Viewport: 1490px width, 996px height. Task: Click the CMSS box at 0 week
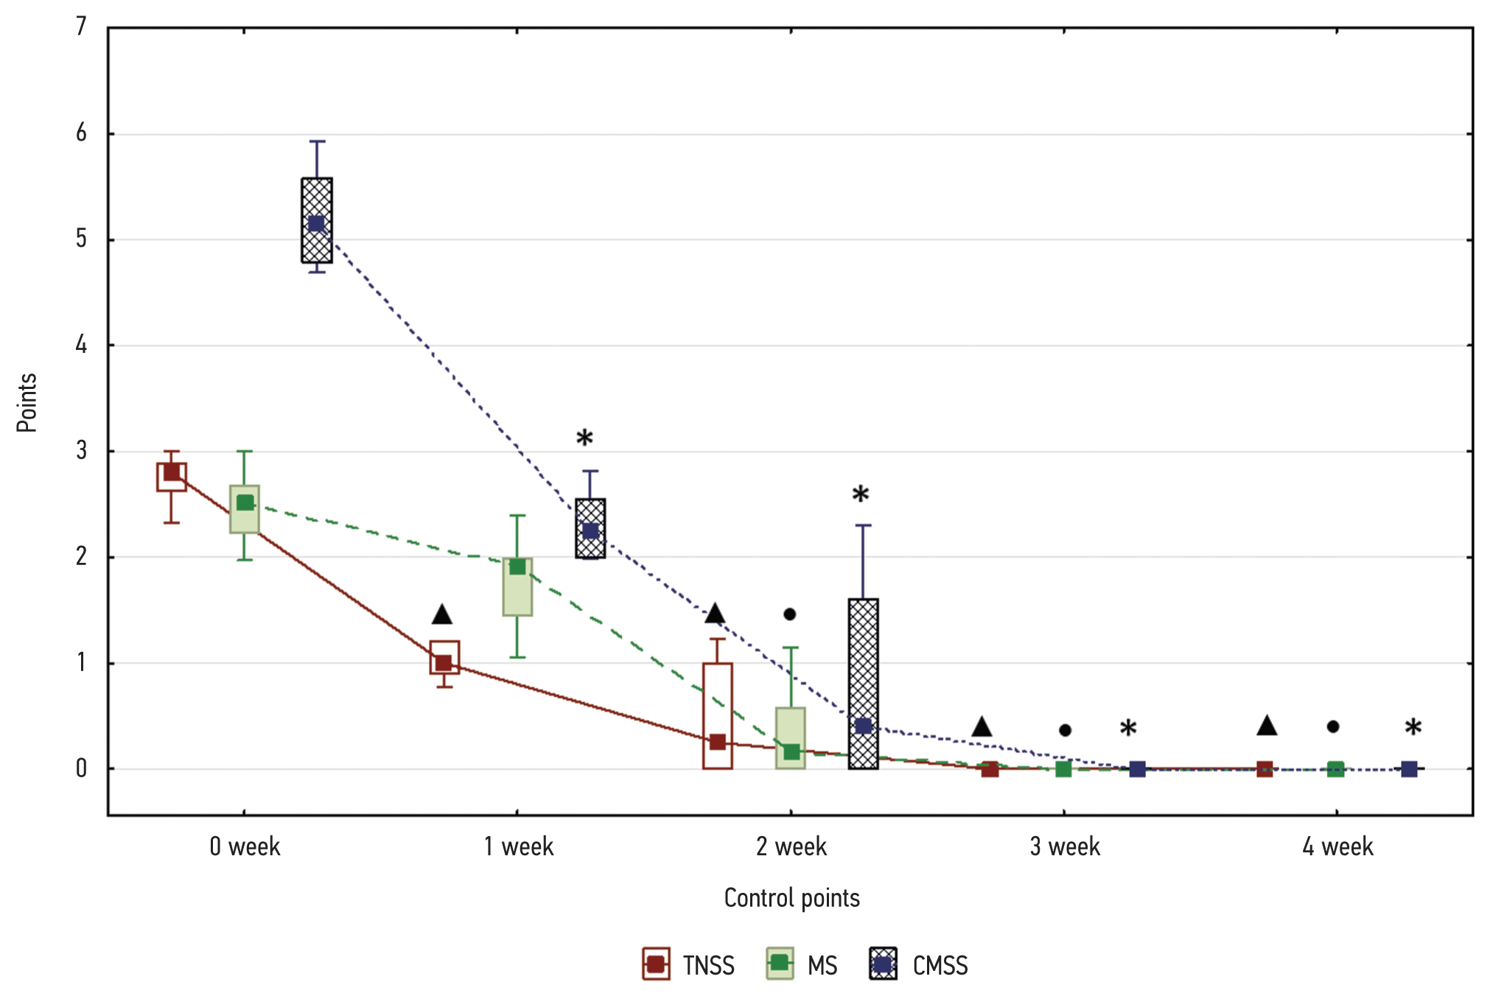pyautogui.click(x=317, y=220)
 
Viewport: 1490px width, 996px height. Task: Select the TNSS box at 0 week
pyautogui.click(x=172, y=477)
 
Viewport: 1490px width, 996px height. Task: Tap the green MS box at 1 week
pyautogui.click(x=517, y=586)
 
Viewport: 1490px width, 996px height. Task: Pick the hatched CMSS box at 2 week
pyautogui.click(x=864, y=683)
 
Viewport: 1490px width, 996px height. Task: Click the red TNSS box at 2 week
pyautogui.click(x=718, y=715)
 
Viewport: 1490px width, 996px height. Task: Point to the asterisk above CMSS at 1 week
pyautogui.click(x=584, y=438)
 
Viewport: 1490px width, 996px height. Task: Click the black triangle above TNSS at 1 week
pyautogui.click(x=442, y=614)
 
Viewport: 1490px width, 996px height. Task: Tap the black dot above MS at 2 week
pyautogui.click(x=790, y=614)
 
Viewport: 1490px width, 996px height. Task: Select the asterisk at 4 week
pyautogui.click(x=1413, y=728)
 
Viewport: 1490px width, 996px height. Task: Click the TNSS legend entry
pyautogui.click(x=689, y=964)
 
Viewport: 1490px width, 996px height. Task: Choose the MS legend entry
pyautogui.click(x=802, y=964)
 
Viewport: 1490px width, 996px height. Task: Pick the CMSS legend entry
pyautogui.click(x=919, y=964)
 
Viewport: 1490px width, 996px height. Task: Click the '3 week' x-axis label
pyautogui.click(x=1065, y=847)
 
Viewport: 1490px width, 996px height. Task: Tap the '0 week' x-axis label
pyautogui.click(x=245, y=847)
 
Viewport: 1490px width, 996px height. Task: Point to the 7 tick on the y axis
pyautogui.click(x=81, y=27)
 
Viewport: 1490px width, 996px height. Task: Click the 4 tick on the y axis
pyautogui.click(x=81, y=345)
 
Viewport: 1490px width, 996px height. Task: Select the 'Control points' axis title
pyautogui.click(x=792, y=898)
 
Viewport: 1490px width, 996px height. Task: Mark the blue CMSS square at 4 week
pyautogui.click(x=1409, y=769)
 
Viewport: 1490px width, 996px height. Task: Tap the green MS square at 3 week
pyautogui.click(x=1063, y=769)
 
